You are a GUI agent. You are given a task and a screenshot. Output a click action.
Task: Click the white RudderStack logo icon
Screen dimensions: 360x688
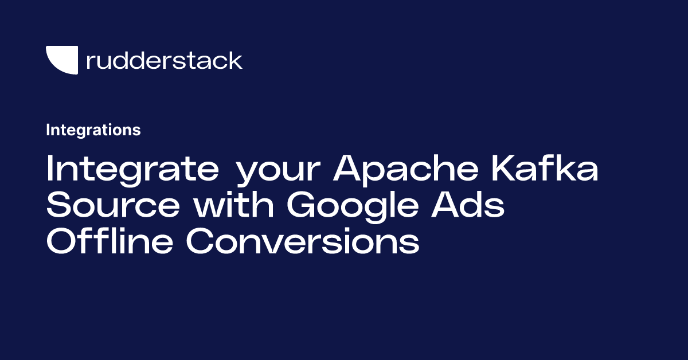[x=61, y=60]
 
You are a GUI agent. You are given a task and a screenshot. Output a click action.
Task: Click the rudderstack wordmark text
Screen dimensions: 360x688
[x=164, y=60]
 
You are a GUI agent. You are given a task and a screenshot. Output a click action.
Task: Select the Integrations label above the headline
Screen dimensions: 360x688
[x=93, y=130]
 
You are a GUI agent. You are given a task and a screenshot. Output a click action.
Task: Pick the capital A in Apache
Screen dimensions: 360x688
[x=350, y=170]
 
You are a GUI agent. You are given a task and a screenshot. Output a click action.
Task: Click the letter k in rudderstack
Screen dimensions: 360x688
[x=236, y=60]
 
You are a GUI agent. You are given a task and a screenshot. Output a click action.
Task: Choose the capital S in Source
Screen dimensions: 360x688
[x=59, y=206]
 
